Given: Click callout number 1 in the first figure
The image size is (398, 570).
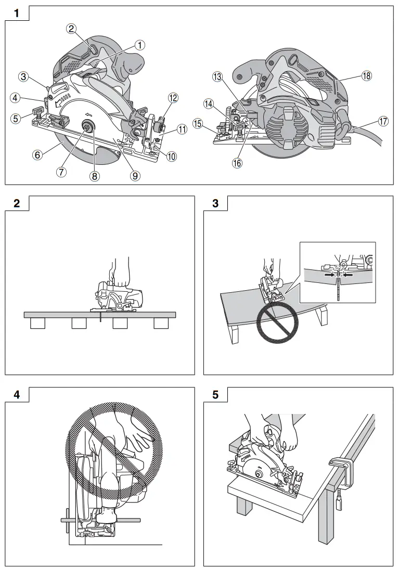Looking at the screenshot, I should [139, 45].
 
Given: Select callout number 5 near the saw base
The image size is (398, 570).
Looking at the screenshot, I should [17, 118].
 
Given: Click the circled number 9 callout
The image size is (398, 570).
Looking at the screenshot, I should [135, 175].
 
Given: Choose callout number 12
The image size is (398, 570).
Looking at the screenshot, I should [173, 97].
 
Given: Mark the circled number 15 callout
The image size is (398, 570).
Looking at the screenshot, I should [198, 123].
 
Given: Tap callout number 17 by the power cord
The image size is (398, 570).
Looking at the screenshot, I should [383, 121].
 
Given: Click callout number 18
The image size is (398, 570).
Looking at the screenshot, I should [367, 76].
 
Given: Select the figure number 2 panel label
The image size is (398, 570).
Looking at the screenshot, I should [17, 203].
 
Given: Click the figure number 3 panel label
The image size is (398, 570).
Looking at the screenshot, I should [215, 203].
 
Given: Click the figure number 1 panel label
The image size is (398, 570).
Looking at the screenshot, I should [17, 14].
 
